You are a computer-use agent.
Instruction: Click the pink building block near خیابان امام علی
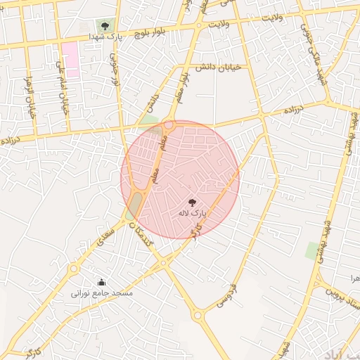tap(70, 58)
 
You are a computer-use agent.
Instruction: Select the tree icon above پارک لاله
tap(193, 202)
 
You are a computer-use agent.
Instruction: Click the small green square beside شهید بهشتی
tap(311, 251)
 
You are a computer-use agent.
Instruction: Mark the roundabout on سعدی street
tap(73, 267)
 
